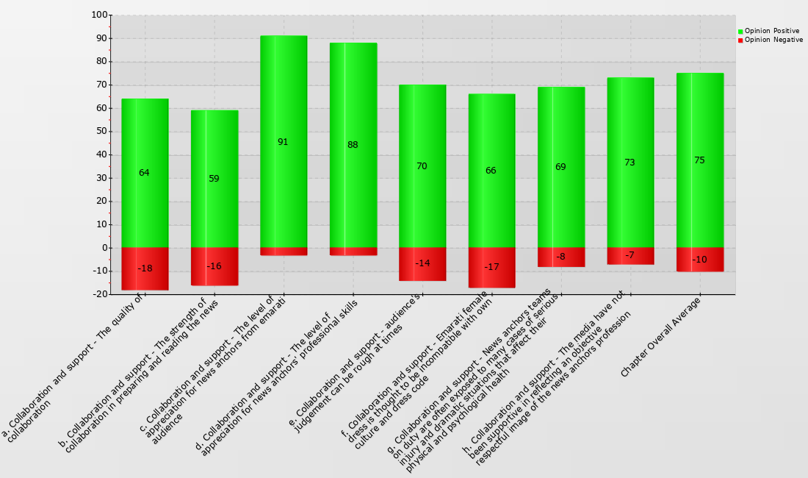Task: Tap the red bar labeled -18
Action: [x=145, y=269]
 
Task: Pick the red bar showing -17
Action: [x=491, y=268]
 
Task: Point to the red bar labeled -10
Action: [x=699, y=260]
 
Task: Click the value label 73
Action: [x=630, y=163]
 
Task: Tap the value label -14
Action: [x=422, y=263]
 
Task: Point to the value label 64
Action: [x=144, y=173]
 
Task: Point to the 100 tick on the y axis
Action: [x=99, y=15]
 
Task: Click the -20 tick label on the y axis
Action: [x=98, y=294]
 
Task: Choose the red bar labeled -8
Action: [x=560, y=257]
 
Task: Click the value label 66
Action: [x=491, y=171]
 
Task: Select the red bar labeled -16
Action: [x=214, y=266]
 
